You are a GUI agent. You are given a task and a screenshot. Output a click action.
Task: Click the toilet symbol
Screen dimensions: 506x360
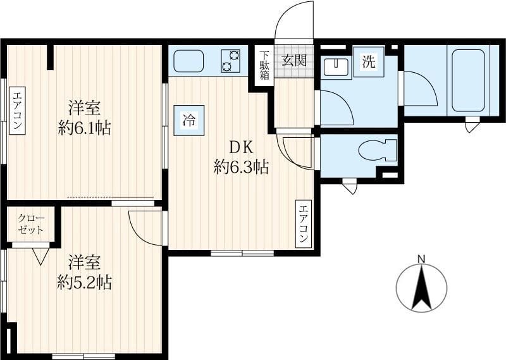tap(377, 150)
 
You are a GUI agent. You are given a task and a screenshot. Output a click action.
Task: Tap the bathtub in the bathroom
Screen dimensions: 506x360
tap(468, 80)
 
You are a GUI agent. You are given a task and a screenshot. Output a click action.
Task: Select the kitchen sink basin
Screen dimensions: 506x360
tap(188, 61)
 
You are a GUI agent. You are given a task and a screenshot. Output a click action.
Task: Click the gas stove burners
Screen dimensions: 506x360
tap(230, 61)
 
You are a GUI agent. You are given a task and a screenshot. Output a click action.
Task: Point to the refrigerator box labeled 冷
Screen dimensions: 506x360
tap(188, 120)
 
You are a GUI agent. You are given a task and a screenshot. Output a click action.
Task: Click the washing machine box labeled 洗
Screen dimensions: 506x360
tap(369, 61)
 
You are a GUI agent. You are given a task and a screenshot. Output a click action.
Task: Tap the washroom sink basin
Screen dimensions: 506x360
tap(335, 66)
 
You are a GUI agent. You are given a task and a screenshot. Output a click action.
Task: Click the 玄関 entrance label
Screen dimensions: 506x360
tap(294, 60)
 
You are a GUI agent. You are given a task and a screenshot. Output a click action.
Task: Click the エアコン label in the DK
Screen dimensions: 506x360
tap(304, 224)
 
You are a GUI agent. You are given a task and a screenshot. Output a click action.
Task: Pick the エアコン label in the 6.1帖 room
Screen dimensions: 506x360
tap(17, 110)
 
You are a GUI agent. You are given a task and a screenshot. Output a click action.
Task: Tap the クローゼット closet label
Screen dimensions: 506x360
tap(31, 224)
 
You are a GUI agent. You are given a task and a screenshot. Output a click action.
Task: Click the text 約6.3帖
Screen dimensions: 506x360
tap(241, 168)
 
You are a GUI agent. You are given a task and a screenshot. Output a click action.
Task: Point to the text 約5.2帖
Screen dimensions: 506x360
tap(85, 282)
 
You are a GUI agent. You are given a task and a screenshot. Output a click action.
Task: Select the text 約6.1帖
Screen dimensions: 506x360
tap(85, 128)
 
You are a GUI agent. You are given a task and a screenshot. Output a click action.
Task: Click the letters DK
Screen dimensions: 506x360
tap(240, 148)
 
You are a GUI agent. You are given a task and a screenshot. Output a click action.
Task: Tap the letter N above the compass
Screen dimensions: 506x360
tap(421, 259)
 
